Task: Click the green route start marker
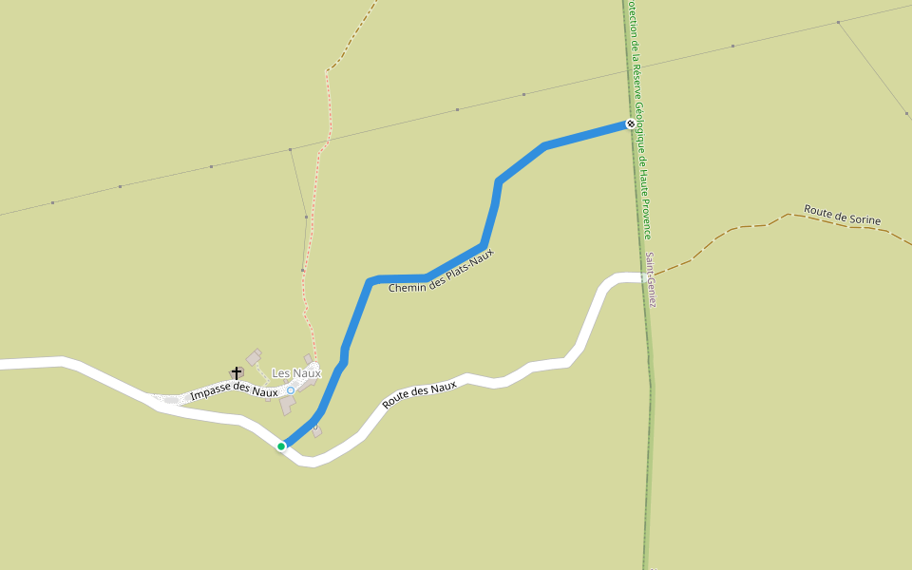(x=281, y=446)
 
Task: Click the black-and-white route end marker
(x=630, y=123)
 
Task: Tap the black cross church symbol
(x=237, y=372)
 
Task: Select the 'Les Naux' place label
(x=296, y=373)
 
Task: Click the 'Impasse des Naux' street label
(x=234, y=391)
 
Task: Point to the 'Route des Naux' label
(x=419, y=394)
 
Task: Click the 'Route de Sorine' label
(x=842, y=215)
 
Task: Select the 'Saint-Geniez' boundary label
(x=651, y=279)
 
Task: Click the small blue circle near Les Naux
(x=291, y=389)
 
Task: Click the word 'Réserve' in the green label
(x=634, y=78)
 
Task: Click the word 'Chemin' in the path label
(x=407, y=284)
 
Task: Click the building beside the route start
(x=317, y=432)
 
